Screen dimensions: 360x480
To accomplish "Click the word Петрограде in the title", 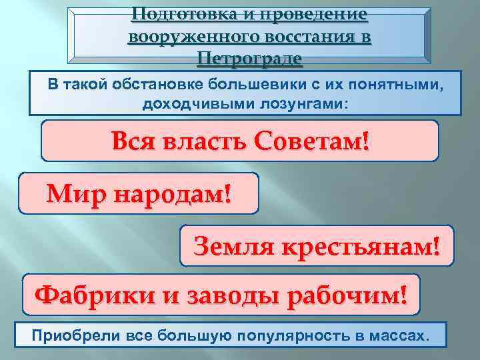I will [250, 59].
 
